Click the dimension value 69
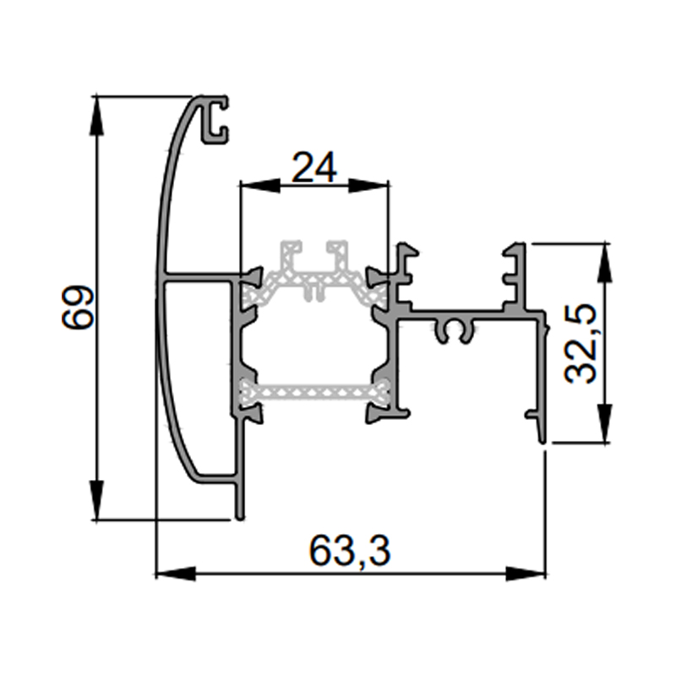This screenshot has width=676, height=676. point(78,307)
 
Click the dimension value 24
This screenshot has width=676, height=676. point(314,167)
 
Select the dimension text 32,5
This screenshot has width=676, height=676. point(580,344)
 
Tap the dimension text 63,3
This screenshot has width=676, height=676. point(350,551)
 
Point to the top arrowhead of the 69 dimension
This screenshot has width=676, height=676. point(98,117)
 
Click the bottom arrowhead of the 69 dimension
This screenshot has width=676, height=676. point(98,500)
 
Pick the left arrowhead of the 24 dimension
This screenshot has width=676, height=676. point(260,187)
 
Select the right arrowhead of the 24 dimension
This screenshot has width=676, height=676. point(368,187)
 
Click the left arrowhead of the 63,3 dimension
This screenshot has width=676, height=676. point(176,574)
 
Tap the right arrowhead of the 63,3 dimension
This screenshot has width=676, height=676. point(525,574)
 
